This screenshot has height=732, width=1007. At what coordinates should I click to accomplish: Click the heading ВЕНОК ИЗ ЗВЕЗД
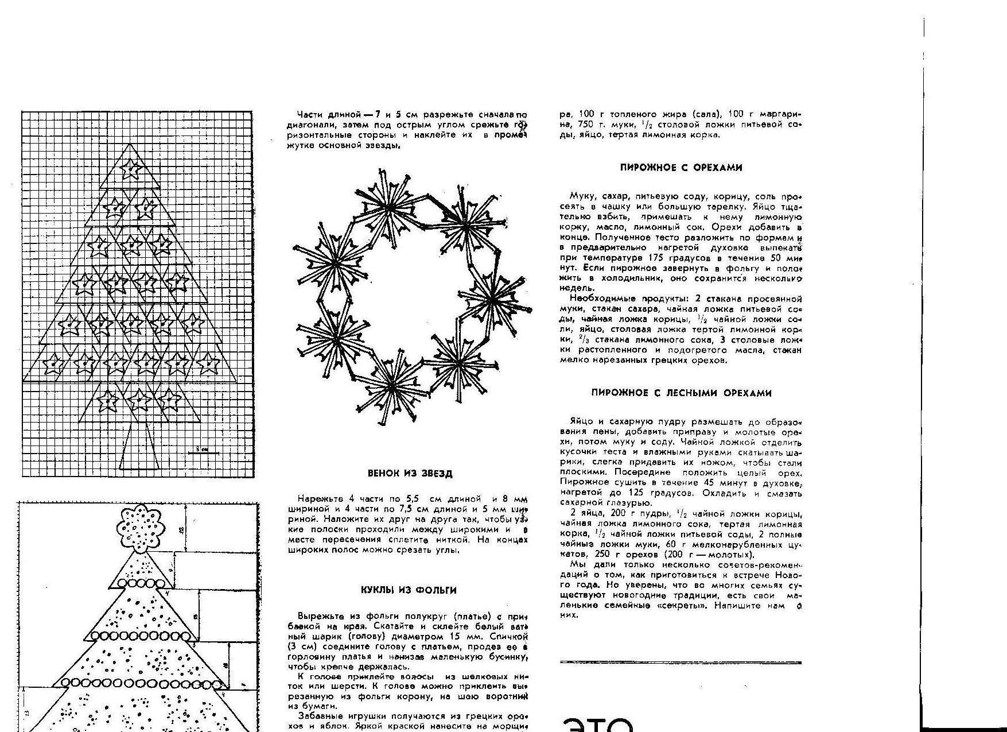[410, 474]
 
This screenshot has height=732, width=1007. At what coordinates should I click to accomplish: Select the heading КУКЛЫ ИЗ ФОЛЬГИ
[409, 590]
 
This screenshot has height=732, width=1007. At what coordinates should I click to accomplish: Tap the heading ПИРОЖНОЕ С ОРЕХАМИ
[681, 168]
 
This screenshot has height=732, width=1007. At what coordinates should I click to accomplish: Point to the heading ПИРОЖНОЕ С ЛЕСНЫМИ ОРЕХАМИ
[681, 393]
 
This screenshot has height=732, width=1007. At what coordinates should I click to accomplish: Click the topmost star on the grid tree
[133, 168]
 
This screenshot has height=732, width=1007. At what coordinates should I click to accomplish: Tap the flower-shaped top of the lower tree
[140, 527]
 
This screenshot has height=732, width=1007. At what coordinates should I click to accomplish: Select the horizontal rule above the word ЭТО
[681, 663]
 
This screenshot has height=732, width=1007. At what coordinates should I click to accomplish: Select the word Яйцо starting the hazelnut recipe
[581, 421]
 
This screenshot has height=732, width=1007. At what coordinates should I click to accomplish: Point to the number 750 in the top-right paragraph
[584, 125]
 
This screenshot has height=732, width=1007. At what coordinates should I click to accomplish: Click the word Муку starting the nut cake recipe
[581, 196]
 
